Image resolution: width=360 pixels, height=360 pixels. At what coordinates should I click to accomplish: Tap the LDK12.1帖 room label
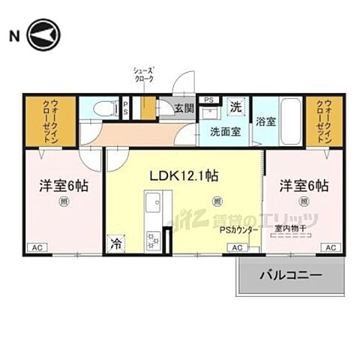pyautogui.click(x=183, y=176)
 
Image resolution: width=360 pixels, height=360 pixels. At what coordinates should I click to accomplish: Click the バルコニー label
pyautogui.click(x=291, y=277)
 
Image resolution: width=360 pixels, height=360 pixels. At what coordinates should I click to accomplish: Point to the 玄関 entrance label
pyautogui.click(x=184, y=107)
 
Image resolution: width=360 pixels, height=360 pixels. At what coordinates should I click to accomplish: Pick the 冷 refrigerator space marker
pyautogui.click(x=116, y=242)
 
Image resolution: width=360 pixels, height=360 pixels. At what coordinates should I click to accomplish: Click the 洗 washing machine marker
pyautogui.click(x=235, y=106)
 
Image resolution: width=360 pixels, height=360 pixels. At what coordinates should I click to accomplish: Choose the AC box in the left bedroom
pyautogui.click(x=36, y=247)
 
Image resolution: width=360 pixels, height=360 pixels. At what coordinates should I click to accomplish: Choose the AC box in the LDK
pyautogui.click(x=235, y=247)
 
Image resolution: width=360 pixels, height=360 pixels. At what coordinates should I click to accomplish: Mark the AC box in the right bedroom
pyautogui.click(x=329, y=247)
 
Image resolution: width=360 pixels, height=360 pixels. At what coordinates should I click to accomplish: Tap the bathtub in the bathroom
pyautogui.click(x=290, y=120)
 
